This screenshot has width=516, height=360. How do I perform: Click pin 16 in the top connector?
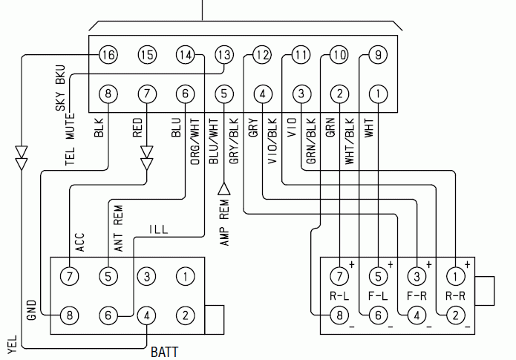pyautogui.click(x=108, y=55)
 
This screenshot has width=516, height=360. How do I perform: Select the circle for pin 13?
pyautogui.click(x=224, y=55)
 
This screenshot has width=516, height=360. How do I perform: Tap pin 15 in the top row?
pyautogui.click(x=147, y=55)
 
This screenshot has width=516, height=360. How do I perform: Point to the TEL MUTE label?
pyautogui.click(x=70, y=140)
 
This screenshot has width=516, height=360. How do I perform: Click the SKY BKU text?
pyautogui.click(x=61, y=88)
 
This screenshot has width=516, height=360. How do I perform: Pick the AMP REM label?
pyautogui.click(x=224, y=223)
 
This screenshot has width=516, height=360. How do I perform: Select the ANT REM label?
pyautogui.click(x=118, y=229)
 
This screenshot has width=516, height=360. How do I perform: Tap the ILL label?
pyautogui.click(x=159, y=229)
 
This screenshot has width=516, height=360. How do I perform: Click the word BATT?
pyautogui.click(x=164, y=352)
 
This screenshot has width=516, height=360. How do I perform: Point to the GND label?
pyautogui.click(x=31, y=310)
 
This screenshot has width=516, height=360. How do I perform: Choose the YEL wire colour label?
pyautogui.click(x=12, y=344)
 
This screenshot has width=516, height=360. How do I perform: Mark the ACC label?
pyautogui.click(x=80, y=243)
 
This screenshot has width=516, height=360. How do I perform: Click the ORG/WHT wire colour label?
pyautogui.click(x=195, y=142)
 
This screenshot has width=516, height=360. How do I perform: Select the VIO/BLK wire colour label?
pyautogui.click(x=272, y=142)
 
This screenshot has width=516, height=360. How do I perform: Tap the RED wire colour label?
pyautogui.click(x=137, y=128)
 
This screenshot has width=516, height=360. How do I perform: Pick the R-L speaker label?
pyautogui.click(x=339, y=296)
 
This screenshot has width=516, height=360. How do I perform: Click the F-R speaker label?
pyautogui.click(x=417, y=296)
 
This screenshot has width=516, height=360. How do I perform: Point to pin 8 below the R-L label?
pyautogui.click(x=339, y=315)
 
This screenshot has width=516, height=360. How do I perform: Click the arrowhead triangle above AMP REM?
pyautogui.click(x=224, y=189)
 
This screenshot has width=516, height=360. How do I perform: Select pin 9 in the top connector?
pyautogui.click(x=378, y=55)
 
